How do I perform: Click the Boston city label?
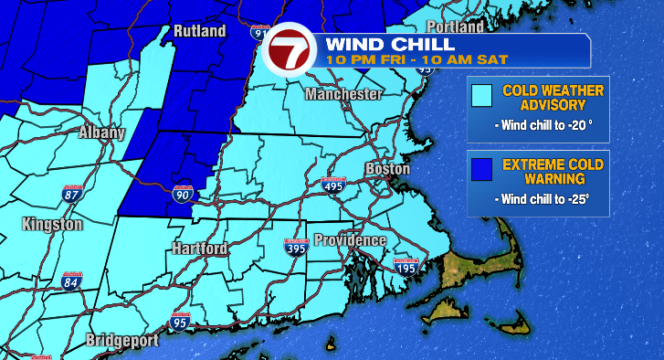tap(387, 169)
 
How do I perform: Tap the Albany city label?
tap(101, 132)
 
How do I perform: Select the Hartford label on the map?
tap(200, 248)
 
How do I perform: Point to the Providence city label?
tap(350, 240)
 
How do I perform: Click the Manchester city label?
tap(343, 95)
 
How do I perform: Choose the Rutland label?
tap(198, 32)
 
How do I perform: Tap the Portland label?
tap(454, 26)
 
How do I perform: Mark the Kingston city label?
tap(54, 224)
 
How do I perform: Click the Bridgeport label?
tap(122, 341)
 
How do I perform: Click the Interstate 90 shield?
tap(183, 193)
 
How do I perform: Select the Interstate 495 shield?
tap(334, 185)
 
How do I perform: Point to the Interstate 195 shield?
tap(406, 267)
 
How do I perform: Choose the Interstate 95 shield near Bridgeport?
tap(179, 321)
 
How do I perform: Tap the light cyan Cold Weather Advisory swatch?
tap(480, 94)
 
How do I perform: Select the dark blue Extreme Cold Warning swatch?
tap(480, 168)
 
